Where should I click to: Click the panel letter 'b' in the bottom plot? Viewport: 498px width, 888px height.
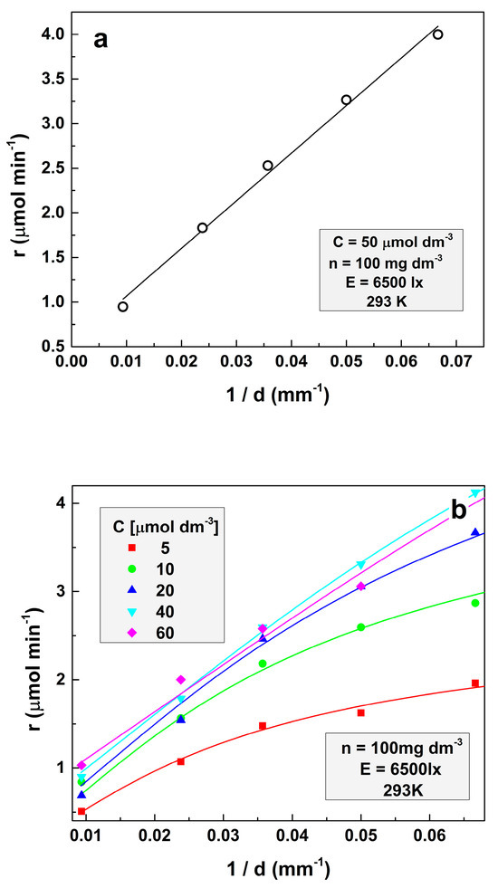[x=458, y=511]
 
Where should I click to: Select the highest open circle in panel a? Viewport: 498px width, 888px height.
[x=437, y=34]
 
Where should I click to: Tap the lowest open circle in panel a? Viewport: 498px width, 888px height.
[x=123, y=306]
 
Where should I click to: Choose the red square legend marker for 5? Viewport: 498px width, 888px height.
[x=132, y=548]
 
